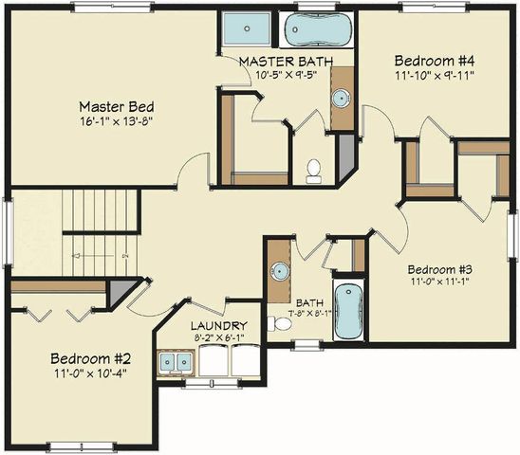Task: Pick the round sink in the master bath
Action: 341,98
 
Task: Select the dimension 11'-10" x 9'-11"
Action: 434,75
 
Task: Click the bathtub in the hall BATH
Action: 348,310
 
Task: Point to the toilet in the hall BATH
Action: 279,324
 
